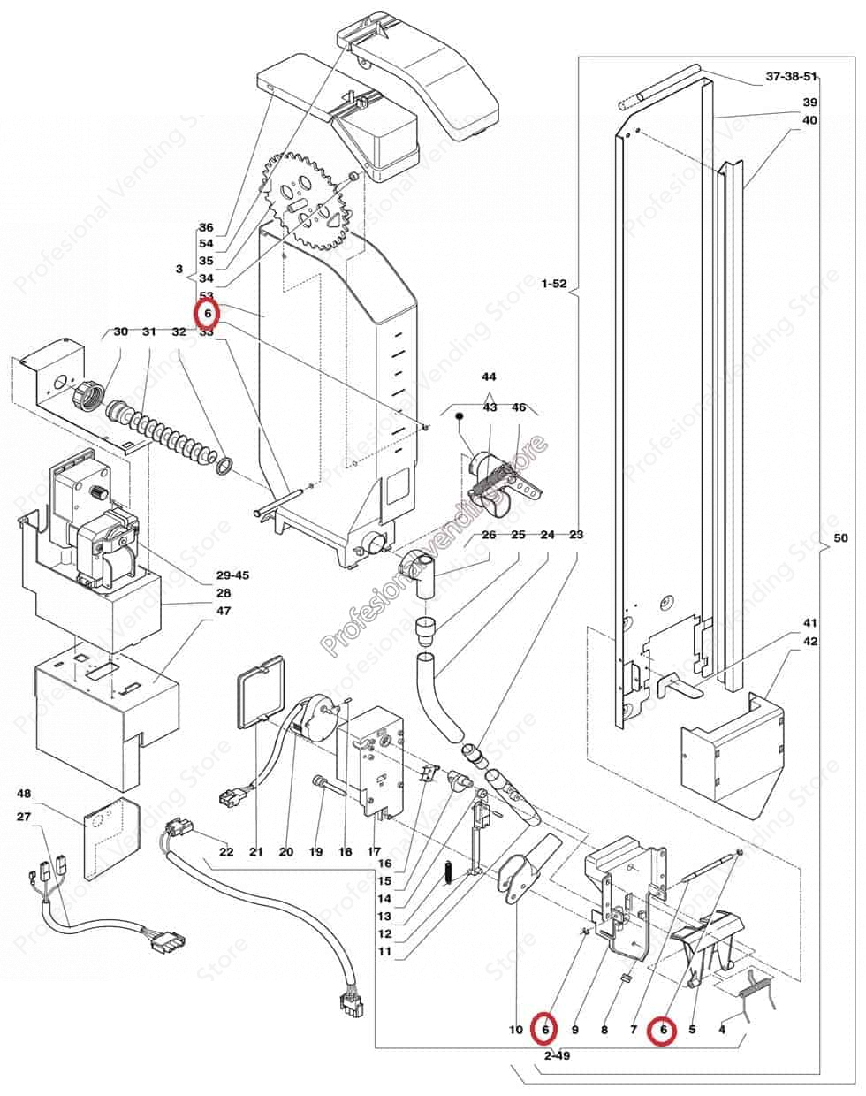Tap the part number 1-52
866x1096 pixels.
coord(554,284)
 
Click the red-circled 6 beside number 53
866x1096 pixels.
coord(207,314)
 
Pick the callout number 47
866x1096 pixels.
coord(224,611)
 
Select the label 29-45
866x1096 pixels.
coord(232,575)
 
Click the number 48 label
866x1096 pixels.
coord(24,793)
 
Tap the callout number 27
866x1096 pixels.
coord(24,818)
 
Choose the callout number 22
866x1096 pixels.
coord(226,852)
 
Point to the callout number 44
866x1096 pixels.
coord(490,377)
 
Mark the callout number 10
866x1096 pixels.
coord(516,1030)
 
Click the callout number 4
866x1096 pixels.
coord(722,1030)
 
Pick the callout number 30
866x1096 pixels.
coord(121,331)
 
